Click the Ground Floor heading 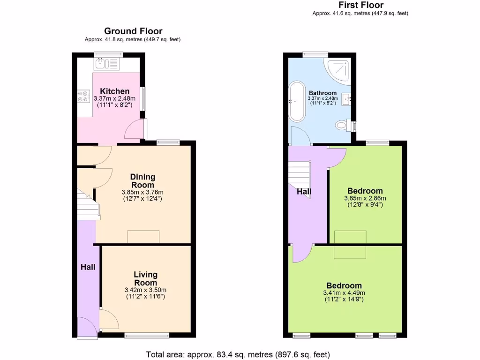133,31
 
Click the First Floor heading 360,5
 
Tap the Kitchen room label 114,91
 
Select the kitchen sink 107,63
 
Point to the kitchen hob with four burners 83,96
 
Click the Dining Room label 142,181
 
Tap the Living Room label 145,278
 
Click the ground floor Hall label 88,267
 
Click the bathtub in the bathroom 297,102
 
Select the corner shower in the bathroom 338,69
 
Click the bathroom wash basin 347,98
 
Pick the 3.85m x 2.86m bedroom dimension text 365,202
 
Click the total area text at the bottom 238,354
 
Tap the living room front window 147,335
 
